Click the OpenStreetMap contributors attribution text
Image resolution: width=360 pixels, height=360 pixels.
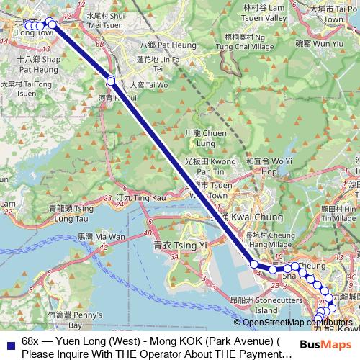point(297,323)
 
